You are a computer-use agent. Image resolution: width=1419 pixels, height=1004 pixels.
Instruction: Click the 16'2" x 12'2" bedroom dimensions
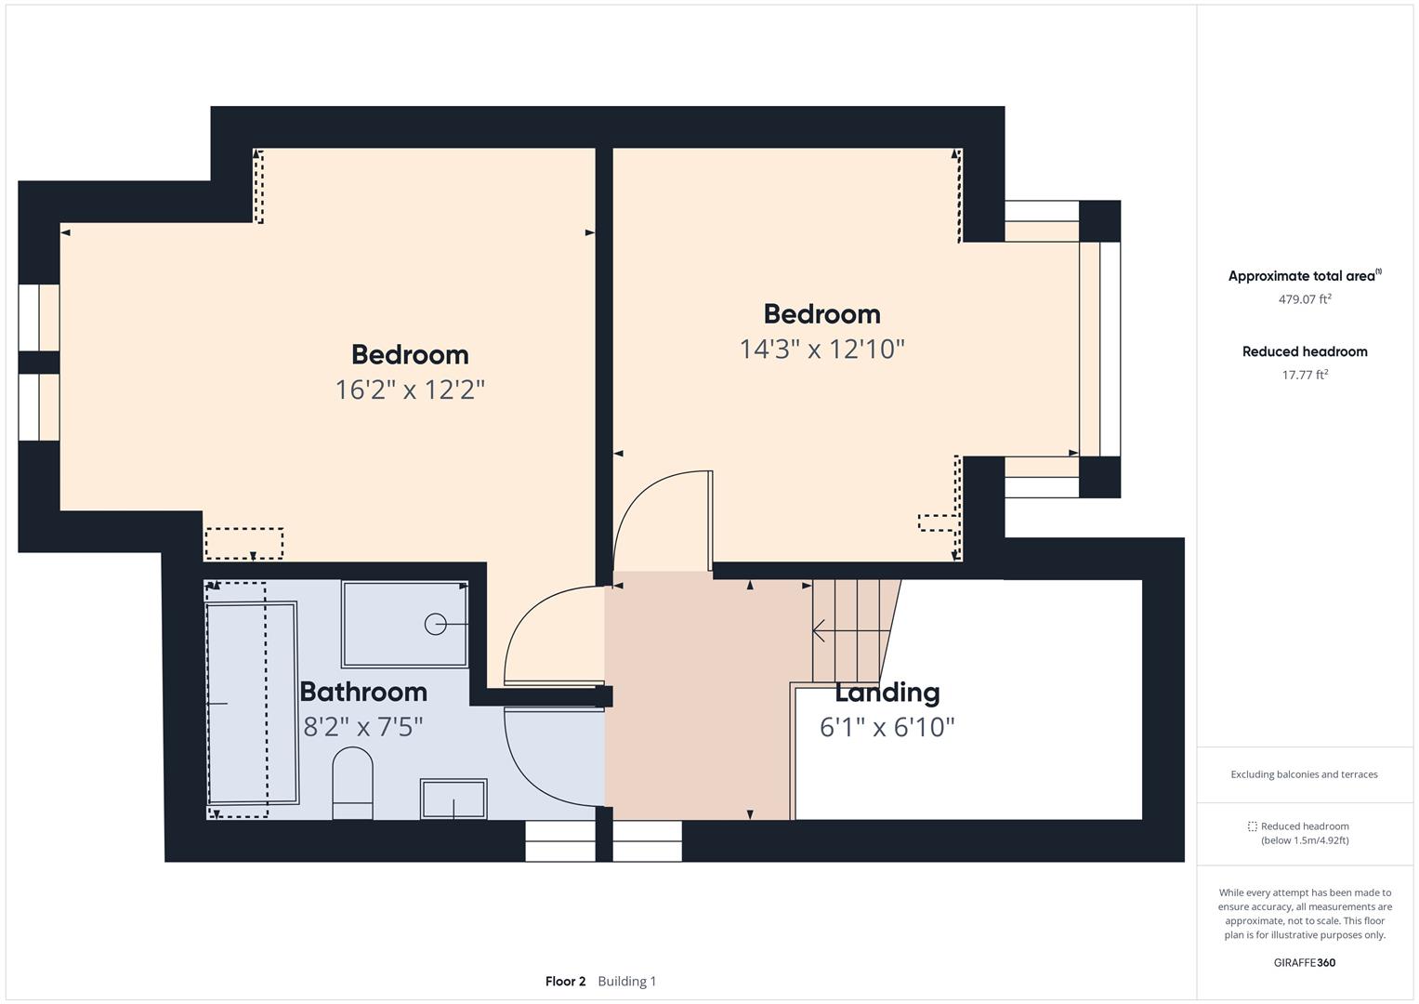410,390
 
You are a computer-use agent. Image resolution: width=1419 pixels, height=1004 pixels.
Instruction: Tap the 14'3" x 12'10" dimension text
821,350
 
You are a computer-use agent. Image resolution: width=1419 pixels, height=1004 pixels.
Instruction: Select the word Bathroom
363,692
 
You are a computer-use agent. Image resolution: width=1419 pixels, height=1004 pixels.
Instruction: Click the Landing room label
887,693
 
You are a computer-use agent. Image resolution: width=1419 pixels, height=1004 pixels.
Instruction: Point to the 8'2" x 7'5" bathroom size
363,727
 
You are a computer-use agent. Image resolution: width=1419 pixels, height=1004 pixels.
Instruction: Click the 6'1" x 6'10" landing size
887,727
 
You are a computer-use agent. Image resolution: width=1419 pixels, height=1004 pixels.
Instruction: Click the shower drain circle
435,625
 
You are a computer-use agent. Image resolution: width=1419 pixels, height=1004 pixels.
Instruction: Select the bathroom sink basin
453,799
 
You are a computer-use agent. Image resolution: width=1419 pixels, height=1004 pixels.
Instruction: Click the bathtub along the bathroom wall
252,703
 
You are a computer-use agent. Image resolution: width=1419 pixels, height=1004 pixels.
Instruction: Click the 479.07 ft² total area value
1304,299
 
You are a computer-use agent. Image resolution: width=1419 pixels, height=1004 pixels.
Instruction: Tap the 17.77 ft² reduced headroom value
1304,375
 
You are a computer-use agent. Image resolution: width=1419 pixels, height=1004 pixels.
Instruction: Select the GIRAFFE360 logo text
1304,962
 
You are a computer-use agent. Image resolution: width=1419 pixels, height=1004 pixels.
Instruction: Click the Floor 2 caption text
565,982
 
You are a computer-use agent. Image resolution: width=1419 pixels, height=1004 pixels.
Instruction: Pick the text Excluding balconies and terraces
1304,774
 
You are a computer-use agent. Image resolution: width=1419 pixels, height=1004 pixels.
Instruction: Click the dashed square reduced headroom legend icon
1252,826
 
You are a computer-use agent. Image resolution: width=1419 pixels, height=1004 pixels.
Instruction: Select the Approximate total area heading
1302,276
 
